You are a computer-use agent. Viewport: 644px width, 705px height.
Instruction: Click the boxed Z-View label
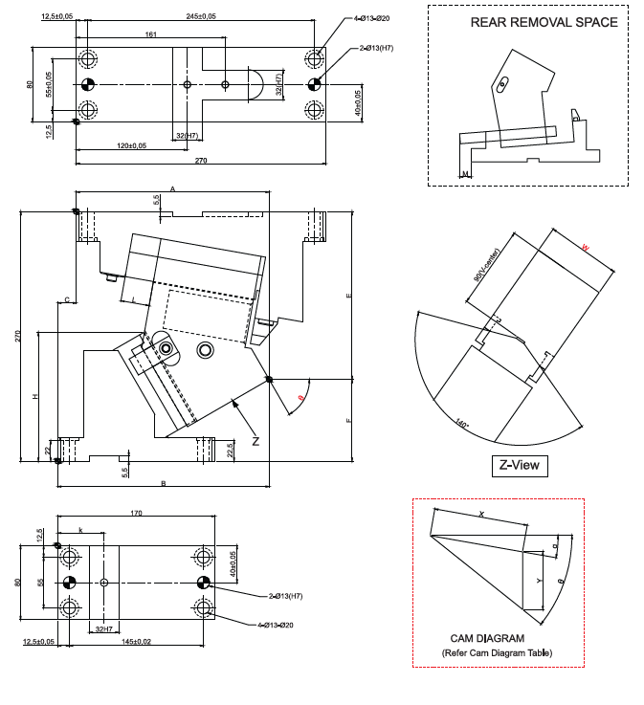[520, 466]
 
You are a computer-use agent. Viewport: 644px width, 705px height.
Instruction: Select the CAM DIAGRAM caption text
[487, 638]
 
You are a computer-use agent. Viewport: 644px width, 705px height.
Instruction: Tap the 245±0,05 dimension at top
[201, 16]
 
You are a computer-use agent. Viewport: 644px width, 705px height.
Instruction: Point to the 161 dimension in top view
[151, 35]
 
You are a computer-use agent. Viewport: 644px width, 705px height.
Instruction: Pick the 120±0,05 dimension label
[132, 146]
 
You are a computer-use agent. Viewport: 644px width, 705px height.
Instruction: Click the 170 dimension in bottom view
[136, 515]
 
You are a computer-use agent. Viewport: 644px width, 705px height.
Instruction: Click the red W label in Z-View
[586, 249]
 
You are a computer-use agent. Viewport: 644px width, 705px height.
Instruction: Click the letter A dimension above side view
[172, 189]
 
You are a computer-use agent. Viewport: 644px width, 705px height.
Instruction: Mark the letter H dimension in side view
[34, 396]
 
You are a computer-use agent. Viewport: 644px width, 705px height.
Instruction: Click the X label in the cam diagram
[481, 514]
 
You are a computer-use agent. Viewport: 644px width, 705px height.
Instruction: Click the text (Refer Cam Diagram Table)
[497, 653]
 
